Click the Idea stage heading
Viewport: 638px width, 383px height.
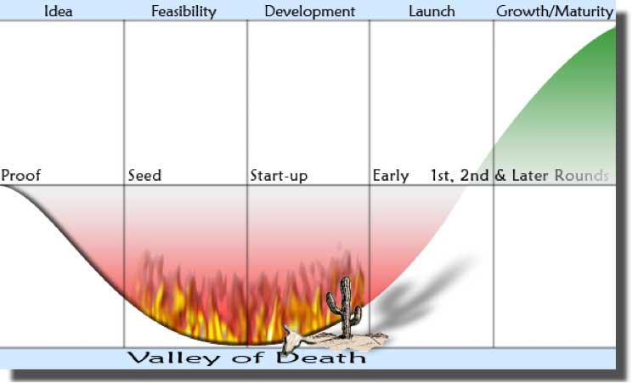pos(58,11)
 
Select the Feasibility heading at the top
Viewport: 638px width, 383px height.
pos(183,12)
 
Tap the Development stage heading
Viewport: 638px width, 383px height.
pos(309,11)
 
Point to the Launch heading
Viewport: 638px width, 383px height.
pos(432,11)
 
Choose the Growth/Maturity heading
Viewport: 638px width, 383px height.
pos(555,12)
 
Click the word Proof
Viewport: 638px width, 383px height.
pos(20,175)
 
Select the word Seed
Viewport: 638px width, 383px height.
pos(144,175)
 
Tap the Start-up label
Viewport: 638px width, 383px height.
pos(279,176)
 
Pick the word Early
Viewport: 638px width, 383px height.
pos(391,176)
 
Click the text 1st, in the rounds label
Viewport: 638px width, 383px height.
pos(443,176)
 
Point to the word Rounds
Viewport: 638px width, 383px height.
pos(582,175)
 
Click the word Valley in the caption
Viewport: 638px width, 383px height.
pos(174,358)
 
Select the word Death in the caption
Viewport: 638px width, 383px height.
pos(320,358)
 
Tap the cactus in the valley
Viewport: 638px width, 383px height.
pos(345,306)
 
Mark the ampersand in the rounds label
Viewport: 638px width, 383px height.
pos(500,175)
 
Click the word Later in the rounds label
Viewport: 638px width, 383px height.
pos(530,175)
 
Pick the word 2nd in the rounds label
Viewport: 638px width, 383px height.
pos(474,175)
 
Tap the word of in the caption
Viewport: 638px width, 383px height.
pos(248,358)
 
